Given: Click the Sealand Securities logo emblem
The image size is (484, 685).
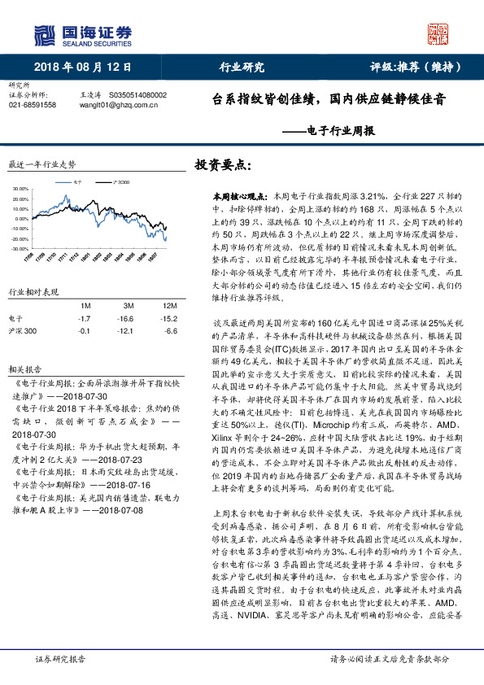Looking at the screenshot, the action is click(45, 35).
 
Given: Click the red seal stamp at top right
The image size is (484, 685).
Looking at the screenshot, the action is click(438, 33).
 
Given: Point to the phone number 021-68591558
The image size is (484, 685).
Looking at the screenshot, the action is click(32, 105).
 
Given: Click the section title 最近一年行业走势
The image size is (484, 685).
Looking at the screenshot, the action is click(41, 164).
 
